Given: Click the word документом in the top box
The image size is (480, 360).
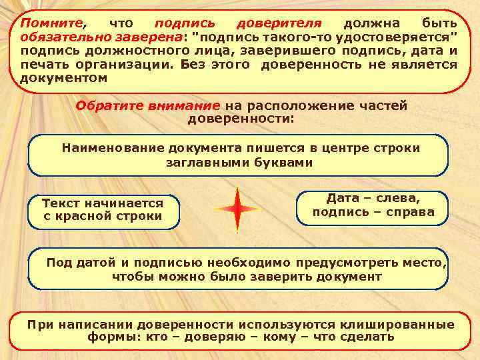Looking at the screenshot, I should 63,78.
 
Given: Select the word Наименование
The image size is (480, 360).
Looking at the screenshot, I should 113,147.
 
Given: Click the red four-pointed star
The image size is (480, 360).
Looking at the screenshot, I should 237,209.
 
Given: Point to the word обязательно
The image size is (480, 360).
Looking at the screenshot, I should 59,37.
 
